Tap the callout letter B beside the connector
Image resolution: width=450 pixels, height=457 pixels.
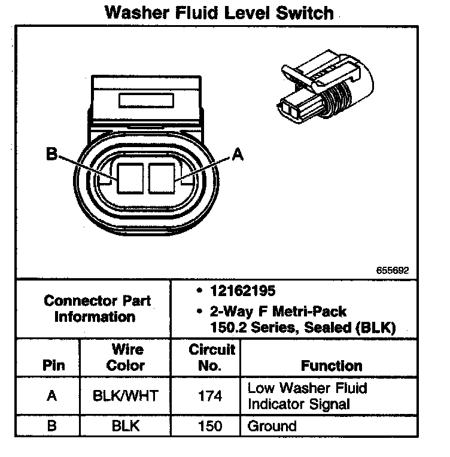(x=52, y=155)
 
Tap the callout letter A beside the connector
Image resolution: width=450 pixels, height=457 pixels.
(x=238, y=155)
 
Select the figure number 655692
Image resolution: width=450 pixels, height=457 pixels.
(x=393, y=270)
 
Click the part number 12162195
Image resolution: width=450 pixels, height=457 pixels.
(x=242, y=291)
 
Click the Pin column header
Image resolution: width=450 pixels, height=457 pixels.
(x=51, y=365)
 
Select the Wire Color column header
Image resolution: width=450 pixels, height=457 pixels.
(x=126, y=357)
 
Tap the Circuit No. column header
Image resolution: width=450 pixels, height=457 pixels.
(x=212, y=357)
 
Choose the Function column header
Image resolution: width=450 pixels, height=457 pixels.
(x=331, y=365)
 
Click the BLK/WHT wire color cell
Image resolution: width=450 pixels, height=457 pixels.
(x=126, y=396)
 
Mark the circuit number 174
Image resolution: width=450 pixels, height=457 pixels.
(x=209, y=396)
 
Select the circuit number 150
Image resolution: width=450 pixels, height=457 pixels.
(x=209, y=426)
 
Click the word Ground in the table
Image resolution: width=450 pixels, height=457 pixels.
(x=272, y=426)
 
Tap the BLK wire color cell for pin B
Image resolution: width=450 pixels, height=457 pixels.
(x=126, y=426)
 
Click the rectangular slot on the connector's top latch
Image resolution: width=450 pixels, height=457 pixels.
(x=146, y=99)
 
